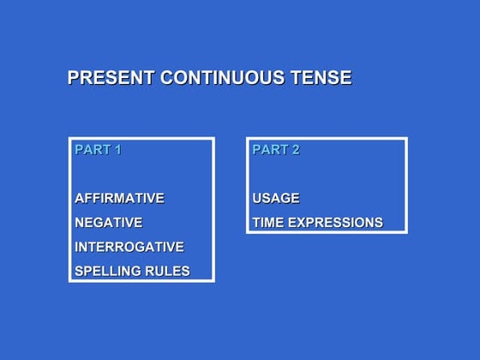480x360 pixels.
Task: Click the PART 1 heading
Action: pos(98,150)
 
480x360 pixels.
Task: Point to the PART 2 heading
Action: pos(275,150)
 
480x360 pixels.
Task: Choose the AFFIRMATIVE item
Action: pos(119,198)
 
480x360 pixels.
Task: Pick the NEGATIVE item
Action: pos(108,223)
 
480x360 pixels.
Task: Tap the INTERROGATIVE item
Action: pos(129,247)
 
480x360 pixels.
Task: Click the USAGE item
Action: pos(276,199)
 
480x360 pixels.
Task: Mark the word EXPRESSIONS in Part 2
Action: pos(336,223)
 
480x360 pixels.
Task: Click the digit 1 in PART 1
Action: pos(117,150)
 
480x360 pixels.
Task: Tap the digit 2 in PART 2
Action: pos(295,150)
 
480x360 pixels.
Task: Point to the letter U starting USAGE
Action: pos(257,199)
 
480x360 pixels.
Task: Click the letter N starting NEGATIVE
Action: pos(80,223)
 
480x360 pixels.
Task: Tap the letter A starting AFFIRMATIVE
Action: pos(80,198)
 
